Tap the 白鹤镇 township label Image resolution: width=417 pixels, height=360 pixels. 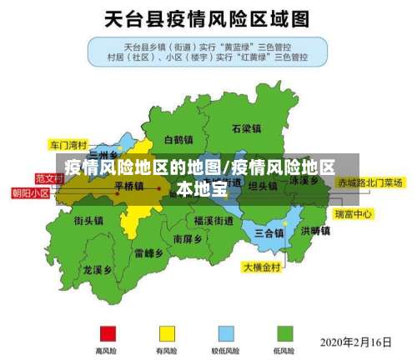coord(178,139)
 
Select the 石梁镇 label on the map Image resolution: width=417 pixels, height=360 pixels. coord(247,129)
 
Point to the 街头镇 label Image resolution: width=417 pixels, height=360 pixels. coord(88,221)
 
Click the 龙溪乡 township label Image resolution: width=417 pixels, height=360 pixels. coord(98,270)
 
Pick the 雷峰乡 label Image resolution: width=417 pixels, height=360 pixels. coord(148,252)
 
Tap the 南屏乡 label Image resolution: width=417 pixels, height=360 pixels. coord(188,238)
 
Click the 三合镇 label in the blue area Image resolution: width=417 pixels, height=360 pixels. coord(269,232)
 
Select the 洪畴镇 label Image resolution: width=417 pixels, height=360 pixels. coord(315,231)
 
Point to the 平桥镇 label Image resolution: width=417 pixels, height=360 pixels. coord(128,186)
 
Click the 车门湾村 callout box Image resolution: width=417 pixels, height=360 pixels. coord(68,143)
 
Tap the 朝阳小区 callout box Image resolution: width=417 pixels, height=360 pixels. coord(30,192)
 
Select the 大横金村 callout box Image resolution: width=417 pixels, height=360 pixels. coord(264,267)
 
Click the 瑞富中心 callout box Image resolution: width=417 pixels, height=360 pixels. coord(354,214)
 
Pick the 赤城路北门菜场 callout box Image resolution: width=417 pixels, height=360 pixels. coord(369,182)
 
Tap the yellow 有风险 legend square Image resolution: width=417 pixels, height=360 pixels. coord(167,332)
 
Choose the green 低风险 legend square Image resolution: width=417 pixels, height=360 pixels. coord(284,332)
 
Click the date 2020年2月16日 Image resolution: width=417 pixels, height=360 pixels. coord(356,342)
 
